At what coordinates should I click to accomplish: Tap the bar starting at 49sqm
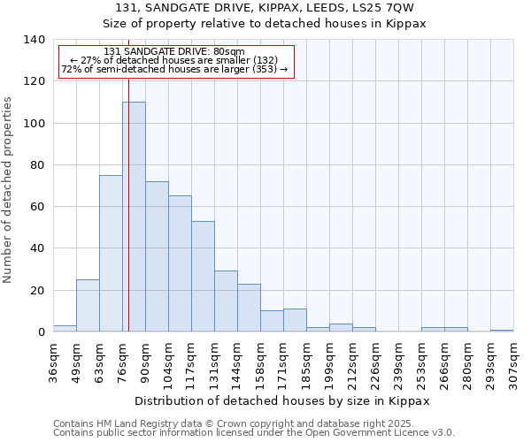88,306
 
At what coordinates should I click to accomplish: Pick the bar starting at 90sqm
157,256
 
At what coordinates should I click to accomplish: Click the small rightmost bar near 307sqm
502,331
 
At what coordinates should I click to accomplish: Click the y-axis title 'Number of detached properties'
9,189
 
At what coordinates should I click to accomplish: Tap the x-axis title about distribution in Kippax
282,400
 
